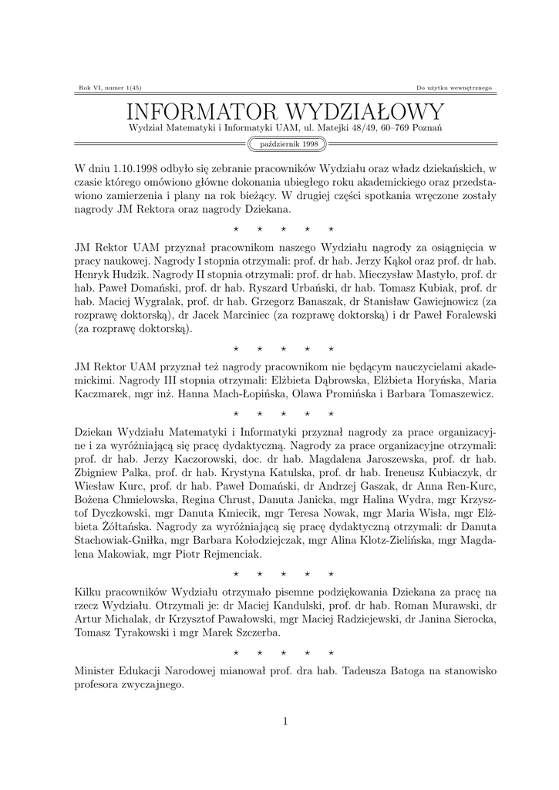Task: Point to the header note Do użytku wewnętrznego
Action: [x=453, y=87]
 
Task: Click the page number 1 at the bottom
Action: [x=285, y=721]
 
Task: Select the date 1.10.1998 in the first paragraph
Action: [x=136, y=168]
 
